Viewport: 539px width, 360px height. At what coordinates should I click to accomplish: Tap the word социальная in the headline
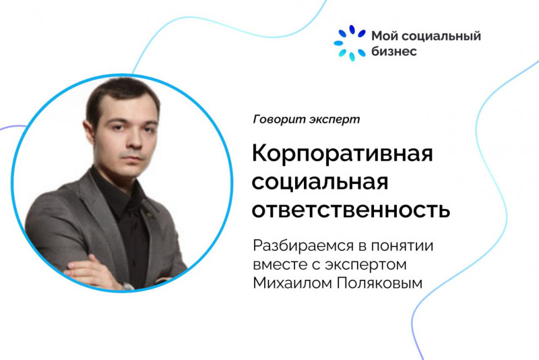click(320, 182)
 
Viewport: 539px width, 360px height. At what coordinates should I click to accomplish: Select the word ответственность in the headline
click(351, 209)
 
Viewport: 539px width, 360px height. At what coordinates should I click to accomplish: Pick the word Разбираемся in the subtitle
click(297, 245)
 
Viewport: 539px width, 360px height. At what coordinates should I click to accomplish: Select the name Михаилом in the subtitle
click(292, 284)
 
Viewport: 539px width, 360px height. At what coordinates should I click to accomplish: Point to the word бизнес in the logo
click(394, 51)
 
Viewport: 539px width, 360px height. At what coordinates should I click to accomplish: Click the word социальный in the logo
click(441, 36)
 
